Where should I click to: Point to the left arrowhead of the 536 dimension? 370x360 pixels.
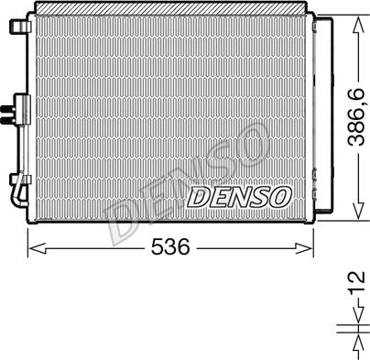click(33, 247)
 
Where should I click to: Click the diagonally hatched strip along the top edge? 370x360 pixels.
click(169, 8)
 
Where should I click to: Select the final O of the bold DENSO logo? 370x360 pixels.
click(279, 196)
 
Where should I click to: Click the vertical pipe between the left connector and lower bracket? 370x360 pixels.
click(20, 151)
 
